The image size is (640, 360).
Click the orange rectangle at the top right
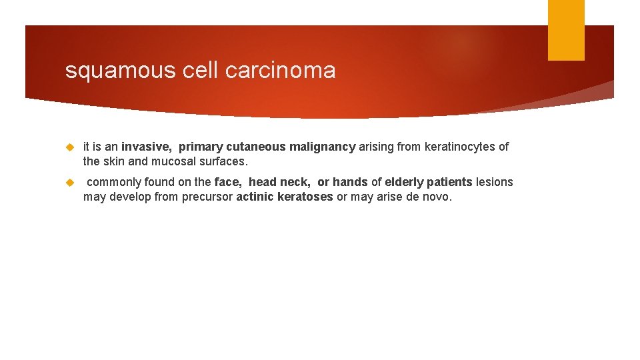pyautogui.click(x=566, y=30)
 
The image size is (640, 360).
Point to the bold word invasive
pyautogui.click(x=147, y=147)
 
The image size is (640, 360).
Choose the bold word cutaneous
pyautogui.click(x=256, y=147)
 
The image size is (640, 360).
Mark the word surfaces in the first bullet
pyautogui.click(x=223, y=161)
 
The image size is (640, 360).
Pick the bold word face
pyautogui.click(x=227, y=182)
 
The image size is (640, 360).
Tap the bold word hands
pyautogui.click(x=350, y=182)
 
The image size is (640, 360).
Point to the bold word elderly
pyautogui.click(x=404, y=182)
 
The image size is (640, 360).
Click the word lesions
pyautogui.click(x=494, y=182)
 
